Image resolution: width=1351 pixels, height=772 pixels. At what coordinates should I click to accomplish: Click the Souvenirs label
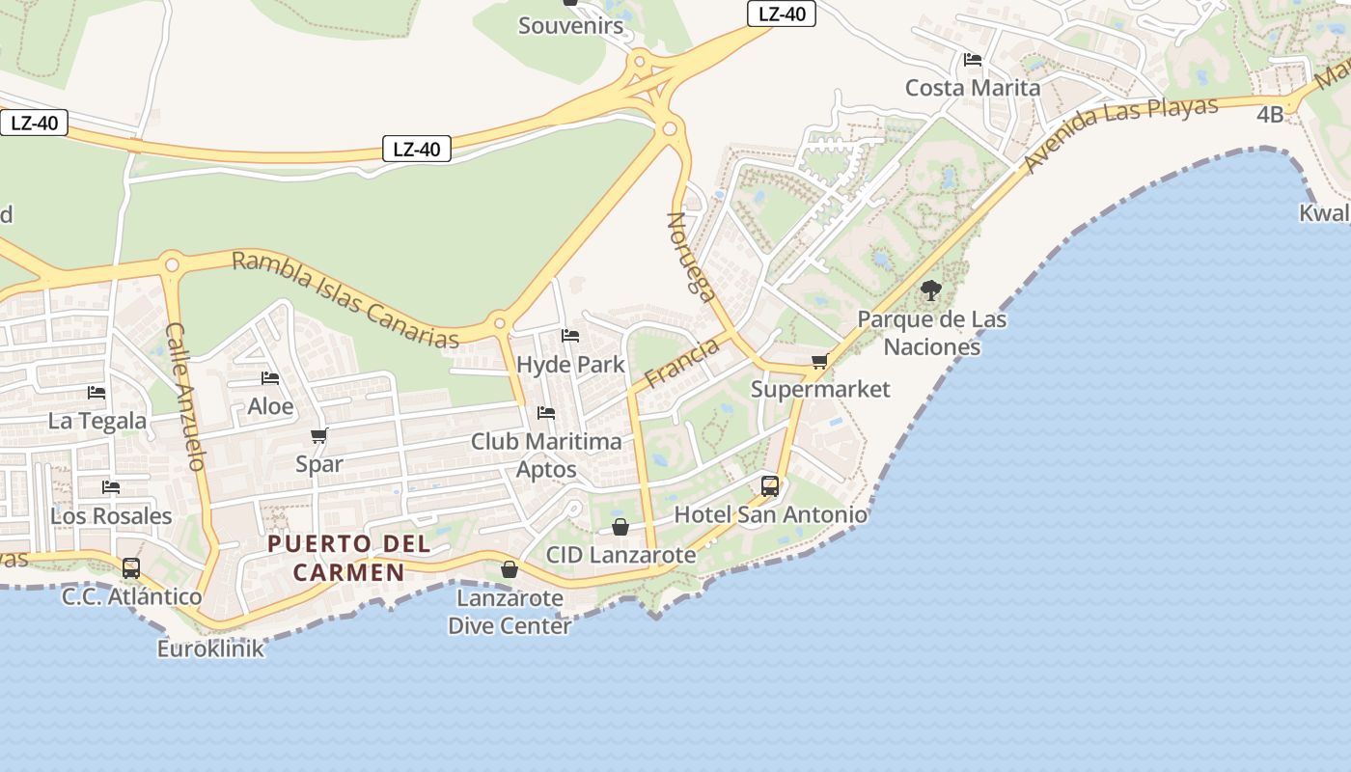(571, 26)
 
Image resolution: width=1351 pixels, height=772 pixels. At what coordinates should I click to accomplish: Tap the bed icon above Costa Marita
(973, 60)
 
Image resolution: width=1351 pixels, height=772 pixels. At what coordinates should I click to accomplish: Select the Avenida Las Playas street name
(1122, 134)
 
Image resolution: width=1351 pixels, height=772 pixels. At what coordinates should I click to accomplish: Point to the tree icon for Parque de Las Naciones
(931, 289)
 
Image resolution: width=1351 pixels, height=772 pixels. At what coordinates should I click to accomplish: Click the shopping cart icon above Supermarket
(819, 361)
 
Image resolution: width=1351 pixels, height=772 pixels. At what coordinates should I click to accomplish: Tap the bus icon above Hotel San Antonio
(770, 485)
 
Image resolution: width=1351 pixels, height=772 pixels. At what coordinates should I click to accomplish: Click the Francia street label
(682, 362)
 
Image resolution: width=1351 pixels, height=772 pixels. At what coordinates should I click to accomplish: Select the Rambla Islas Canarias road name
(345, 299)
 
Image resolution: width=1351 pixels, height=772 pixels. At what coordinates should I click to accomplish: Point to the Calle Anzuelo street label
(186, 396)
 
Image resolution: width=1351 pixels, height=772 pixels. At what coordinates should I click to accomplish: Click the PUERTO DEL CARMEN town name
(349, 558)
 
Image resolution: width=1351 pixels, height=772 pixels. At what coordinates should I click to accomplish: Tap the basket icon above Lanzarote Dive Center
(510, 569)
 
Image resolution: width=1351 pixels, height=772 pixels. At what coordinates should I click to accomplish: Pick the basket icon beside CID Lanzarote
(620, 527)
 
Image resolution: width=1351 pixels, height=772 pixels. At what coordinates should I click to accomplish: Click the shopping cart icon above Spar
(319, 436)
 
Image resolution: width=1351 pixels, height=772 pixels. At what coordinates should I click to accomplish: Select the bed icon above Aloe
(270, 378)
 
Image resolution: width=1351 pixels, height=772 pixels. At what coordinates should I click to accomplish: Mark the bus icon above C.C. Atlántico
(131, 567)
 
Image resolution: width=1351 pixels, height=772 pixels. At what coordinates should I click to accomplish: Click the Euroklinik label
(210, 648)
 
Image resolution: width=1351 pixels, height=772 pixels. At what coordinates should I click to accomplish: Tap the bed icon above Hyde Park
(570, 336)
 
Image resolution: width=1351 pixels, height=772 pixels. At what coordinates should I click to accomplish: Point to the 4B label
(1270, 114)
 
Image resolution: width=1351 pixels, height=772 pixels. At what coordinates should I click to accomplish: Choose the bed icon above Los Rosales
(111, 487)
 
